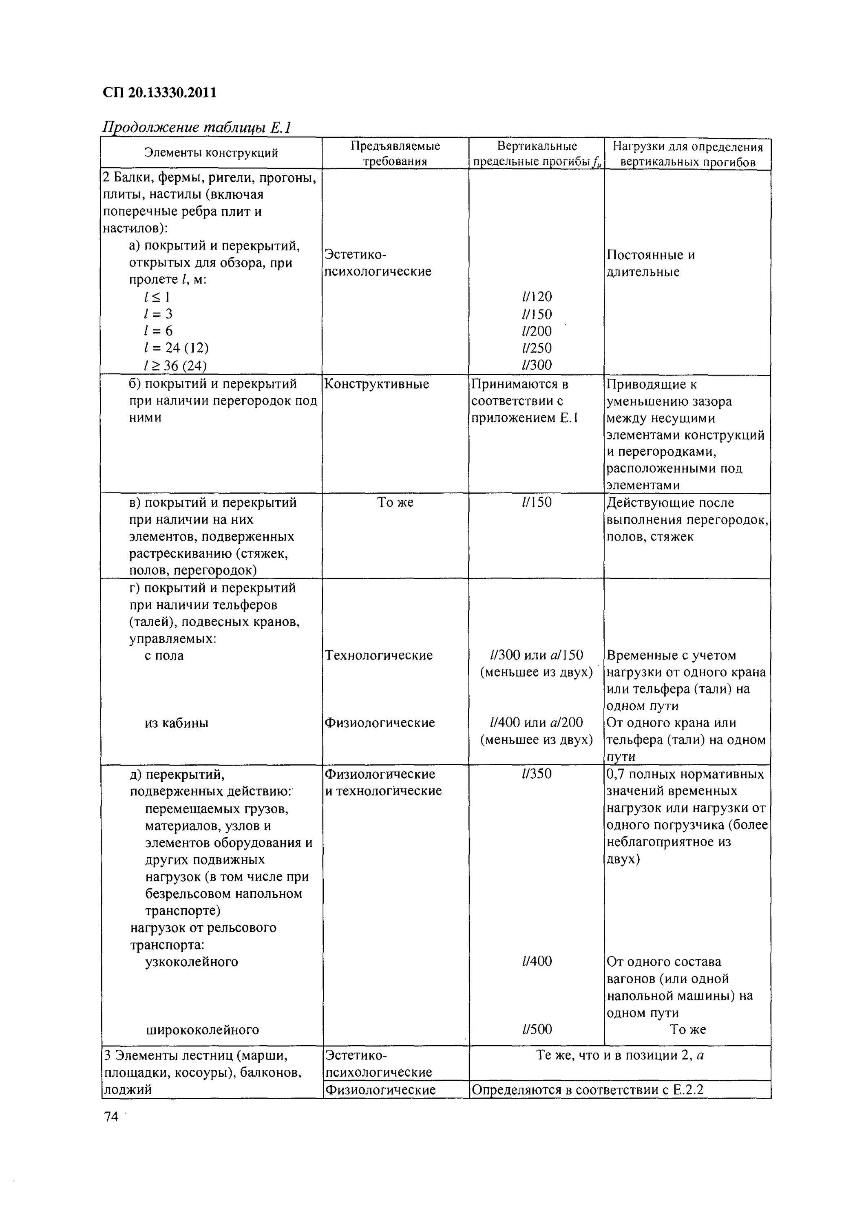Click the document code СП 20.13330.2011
click(x=160, y=93)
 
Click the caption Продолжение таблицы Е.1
click(x=197, y=128)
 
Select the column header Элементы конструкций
click(x=211, y=153)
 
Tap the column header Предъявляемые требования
click(x=395, y=153)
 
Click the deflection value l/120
click(x=536, y=297)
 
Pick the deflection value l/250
click(x=536, y=348)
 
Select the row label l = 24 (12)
click(x=176, y=348)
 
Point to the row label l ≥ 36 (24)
click(x=175, y=365)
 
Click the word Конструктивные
click(x=376, y=384)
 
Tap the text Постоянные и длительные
click(x=650, y=263)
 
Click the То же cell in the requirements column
click(x=395, y=502)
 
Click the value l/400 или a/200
click(x=536, y=723)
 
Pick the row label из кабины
click(x=176, y=723)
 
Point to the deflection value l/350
click(x=536, y=774)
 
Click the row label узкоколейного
click(x=192, y=962)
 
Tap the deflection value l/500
click(x=536, y=1029)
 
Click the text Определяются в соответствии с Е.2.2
click(x=588, y=1090)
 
